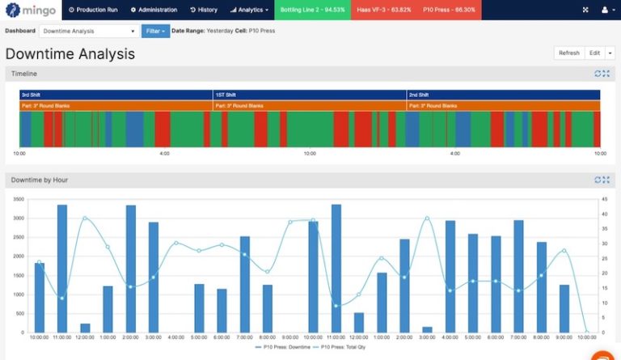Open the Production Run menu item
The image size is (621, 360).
[x=93, y=10]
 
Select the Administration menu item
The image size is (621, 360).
[x=154, y=10]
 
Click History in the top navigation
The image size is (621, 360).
[x=204, y=10]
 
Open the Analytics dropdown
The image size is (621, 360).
[x=249, y=10]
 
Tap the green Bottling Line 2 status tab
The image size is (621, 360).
[x=313, y=10]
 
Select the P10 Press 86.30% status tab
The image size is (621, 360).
[x=450, y=10]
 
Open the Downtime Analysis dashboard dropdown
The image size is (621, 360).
[x=89, y=31]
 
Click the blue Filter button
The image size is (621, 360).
[x=155, y=31]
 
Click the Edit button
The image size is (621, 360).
[x=594, y=53]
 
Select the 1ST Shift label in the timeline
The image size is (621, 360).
[x=227, y=95]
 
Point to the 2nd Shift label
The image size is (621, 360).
[x=419, y=95]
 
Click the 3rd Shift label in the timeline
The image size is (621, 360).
[x=33, y=95]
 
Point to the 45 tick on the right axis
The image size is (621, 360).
[x=605, y=199]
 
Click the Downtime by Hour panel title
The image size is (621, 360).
[x=38, y=179]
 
